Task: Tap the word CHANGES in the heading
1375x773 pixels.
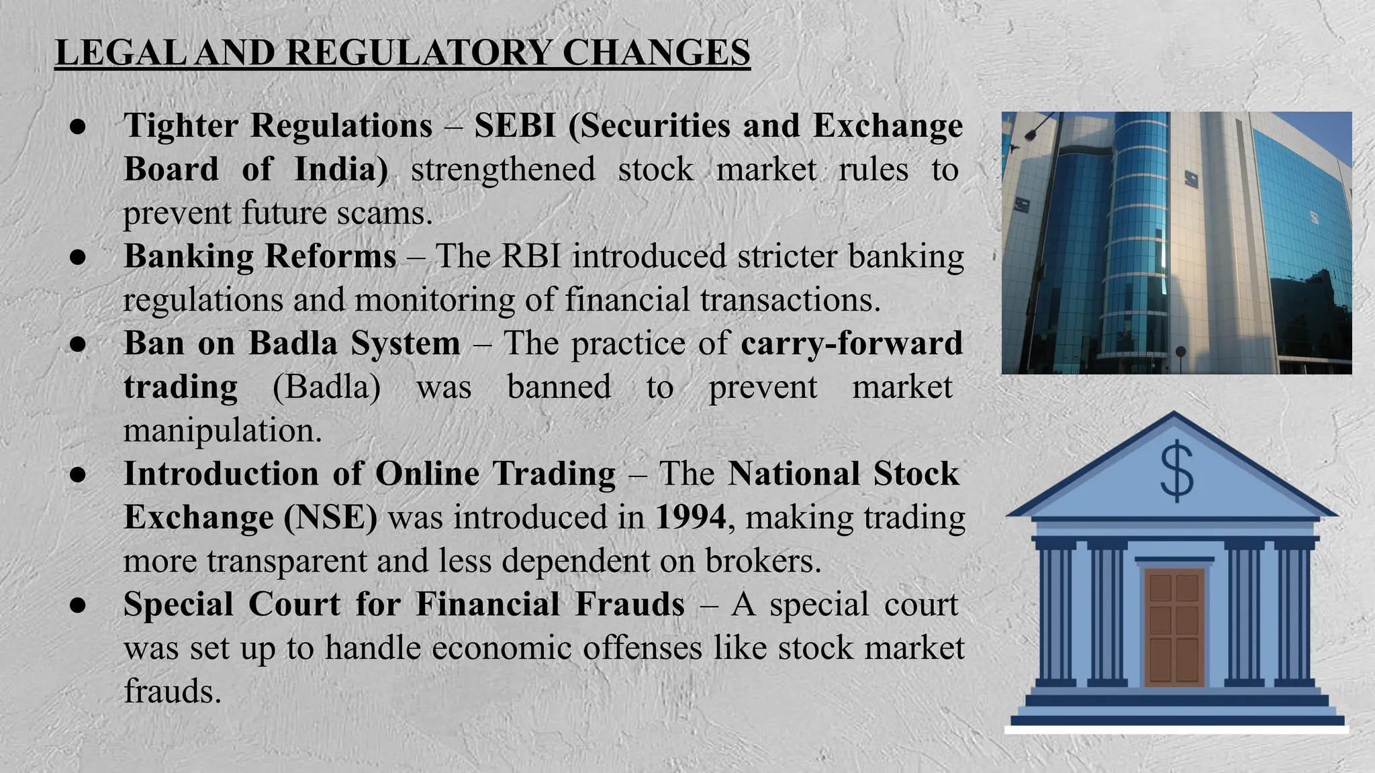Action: (x=656, y=53)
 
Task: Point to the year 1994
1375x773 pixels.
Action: (x=690, y=517)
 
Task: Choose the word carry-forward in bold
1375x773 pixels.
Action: (x=851, y=344)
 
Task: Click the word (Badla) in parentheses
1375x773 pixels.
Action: (x=326, y=387)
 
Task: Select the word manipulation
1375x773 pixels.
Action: (x=222, y=430)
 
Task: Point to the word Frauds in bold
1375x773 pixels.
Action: (x=630, y=604)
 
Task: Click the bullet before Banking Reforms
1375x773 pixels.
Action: (x=78, y=257)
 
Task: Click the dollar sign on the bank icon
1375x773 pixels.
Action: (x=1176, y=471)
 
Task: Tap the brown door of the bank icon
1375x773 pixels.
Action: (x=1174, y=627)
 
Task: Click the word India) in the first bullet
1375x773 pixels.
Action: (x=341, y=169)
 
